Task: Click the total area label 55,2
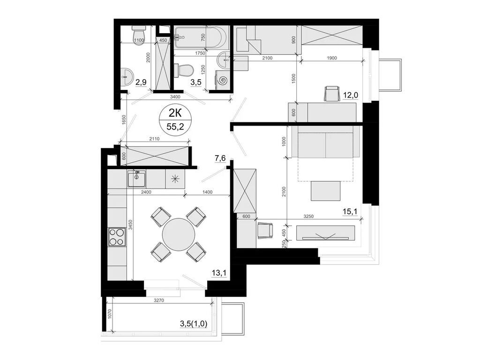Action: tap(175, 126)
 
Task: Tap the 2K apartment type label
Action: tap(174, 113)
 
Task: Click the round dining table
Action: tap(179, 233)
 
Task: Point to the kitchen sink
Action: tap(137, 179)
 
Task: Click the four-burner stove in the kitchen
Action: tap(117, 237)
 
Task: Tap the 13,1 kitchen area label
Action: tap(219, 273)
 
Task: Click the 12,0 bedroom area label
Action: tap(351, 96)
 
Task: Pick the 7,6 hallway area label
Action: tap(220, 158)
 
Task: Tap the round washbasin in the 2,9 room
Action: tap(127, 74)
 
